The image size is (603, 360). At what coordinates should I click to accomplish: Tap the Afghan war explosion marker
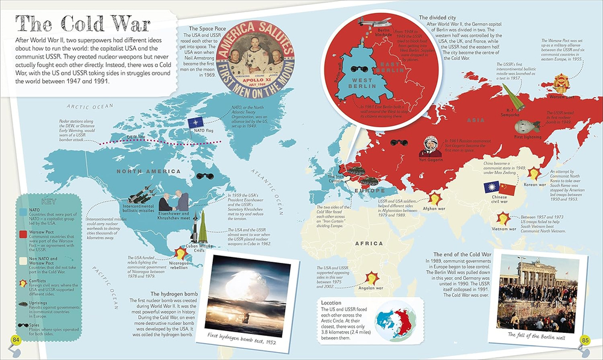pyautogui.click(x=434, y=198)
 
